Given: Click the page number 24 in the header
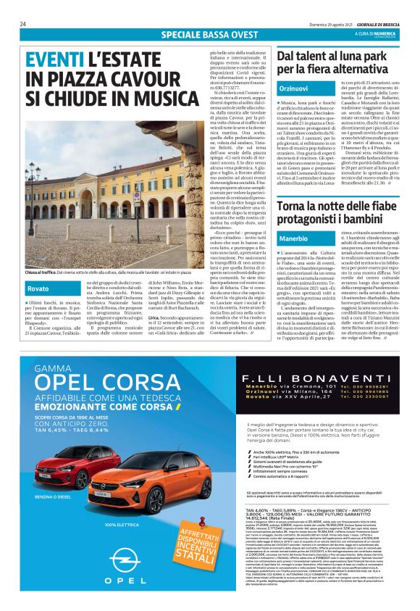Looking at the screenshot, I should pos(23,24).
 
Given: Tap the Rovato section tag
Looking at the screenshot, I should pos(38,289).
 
